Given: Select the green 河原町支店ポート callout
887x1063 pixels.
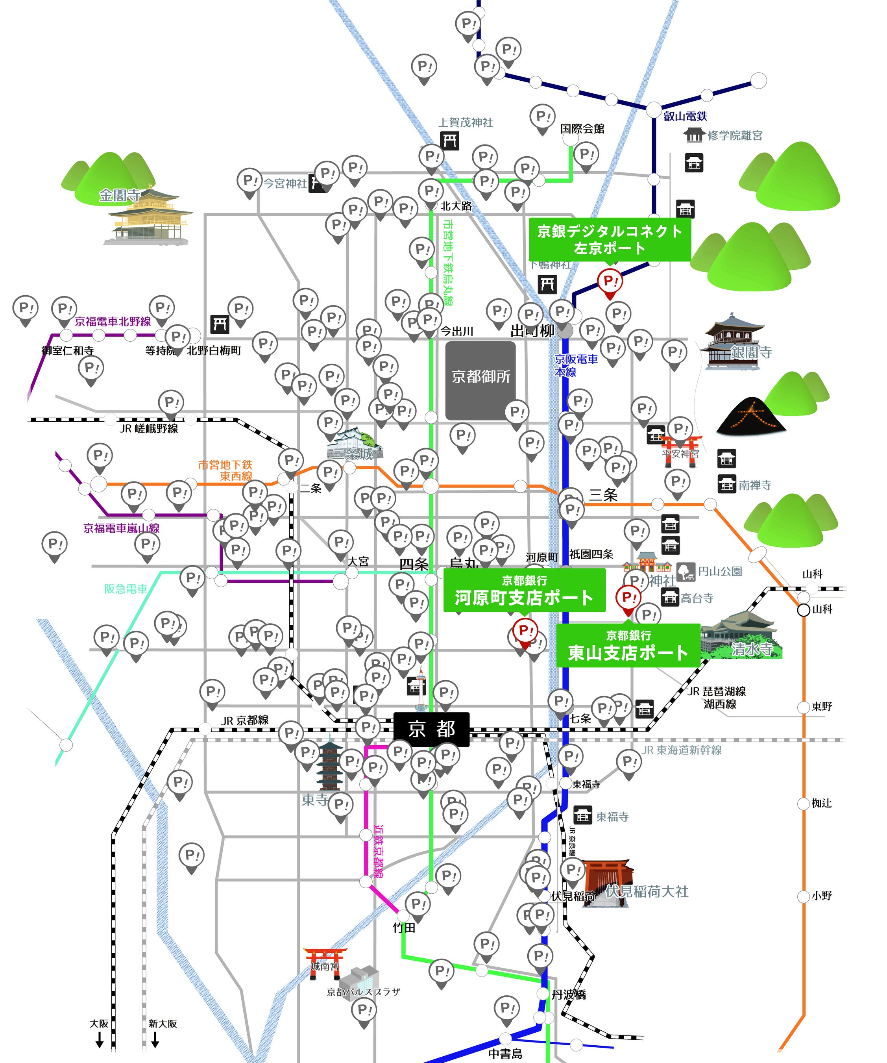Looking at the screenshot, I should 524,590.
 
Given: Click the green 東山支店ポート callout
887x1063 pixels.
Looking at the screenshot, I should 628,645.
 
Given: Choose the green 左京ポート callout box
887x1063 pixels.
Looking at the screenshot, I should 609,239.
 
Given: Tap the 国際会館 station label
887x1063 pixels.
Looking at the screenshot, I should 582,129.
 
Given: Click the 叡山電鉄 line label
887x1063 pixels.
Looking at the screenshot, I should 685,117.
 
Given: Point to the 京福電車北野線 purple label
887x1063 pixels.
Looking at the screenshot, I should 113,321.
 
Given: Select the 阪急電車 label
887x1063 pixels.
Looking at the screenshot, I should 126,589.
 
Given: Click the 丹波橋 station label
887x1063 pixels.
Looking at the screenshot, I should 569,994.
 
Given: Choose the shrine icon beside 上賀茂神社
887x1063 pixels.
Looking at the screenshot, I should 449,140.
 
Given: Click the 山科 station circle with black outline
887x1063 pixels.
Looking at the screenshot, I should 804,610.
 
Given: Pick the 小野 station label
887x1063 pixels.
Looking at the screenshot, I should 822,895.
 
